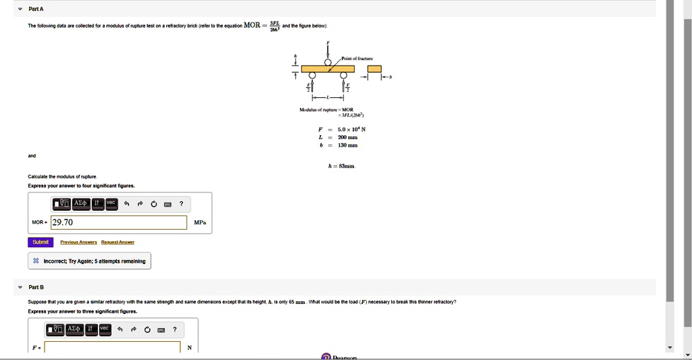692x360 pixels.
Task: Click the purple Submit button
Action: click(41, 242)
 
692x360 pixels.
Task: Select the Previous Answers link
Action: click(78, 242)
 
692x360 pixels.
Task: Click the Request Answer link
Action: click(118, 242)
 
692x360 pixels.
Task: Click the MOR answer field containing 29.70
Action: click(119, 222)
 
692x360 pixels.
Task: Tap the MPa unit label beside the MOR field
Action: click(200, 222)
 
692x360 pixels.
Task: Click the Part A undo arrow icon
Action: click(126, 203)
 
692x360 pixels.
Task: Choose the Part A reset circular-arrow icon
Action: click(153, 203)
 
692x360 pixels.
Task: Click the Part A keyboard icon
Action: click(167, 203)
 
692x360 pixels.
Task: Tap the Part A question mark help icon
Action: click(180, 203)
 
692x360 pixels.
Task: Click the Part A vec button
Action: click(111, 203)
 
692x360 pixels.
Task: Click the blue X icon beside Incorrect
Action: click(36, 261)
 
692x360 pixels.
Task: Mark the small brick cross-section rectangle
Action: click(374, 69)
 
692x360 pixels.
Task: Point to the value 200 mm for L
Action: click(347, 137)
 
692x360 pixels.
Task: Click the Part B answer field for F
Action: click(112, 348)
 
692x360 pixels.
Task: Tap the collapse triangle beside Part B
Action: click(20, 287)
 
